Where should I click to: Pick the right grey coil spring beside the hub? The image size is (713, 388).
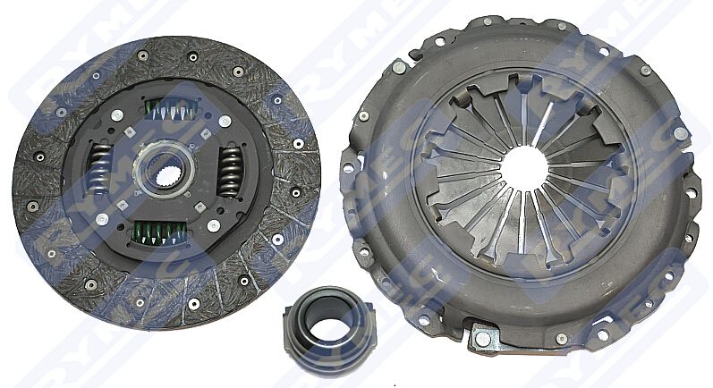(x=230, y=171)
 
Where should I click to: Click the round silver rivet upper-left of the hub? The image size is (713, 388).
(x=117, y=115)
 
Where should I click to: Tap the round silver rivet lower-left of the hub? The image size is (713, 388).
(x=103, y=218)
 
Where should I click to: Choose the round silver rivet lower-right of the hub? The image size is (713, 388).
(x=213, y=226)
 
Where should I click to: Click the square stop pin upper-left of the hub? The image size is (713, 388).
(x=131, y=132)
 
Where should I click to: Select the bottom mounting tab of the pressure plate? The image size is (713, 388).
(x=484, y=338)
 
